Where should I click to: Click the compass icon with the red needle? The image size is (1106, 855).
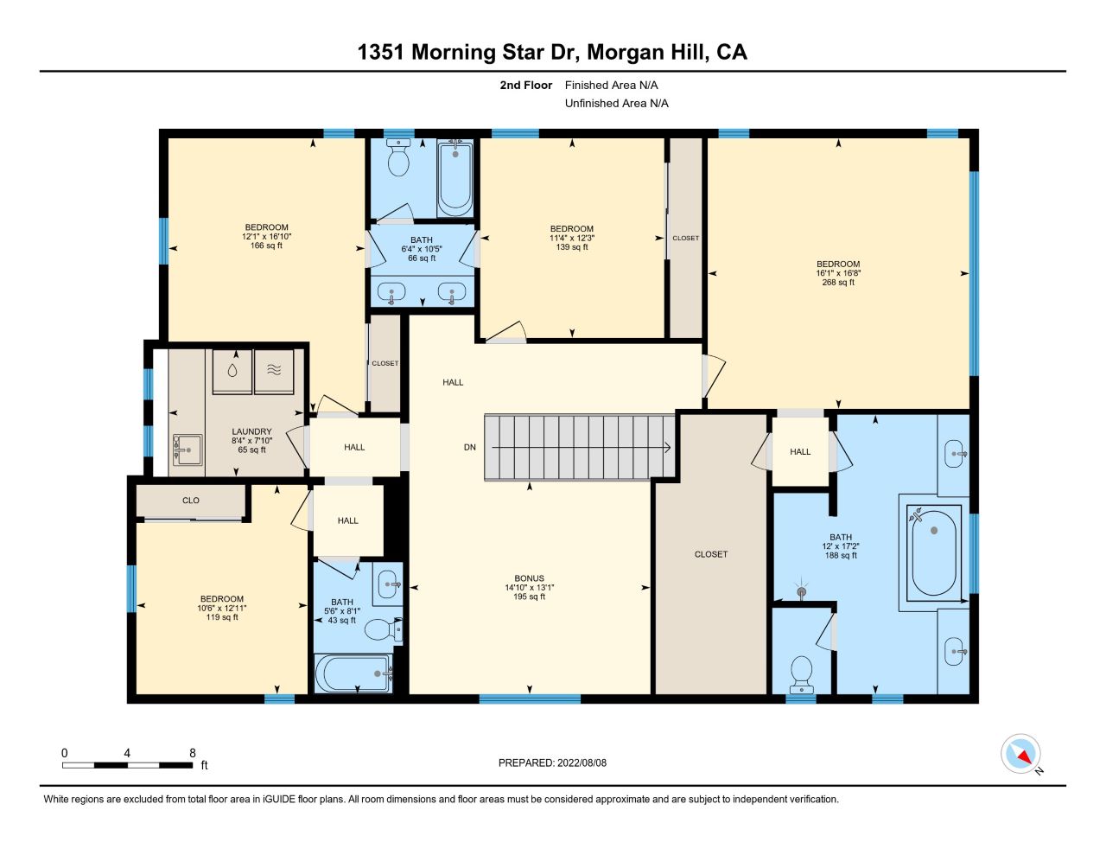click(1020, 753)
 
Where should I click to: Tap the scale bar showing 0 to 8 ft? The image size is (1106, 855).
click(128, 765)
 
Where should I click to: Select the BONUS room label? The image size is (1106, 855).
click(529, 578)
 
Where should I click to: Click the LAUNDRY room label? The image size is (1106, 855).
click(251, 431)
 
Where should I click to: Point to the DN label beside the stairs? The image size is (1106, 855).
click(469, 447)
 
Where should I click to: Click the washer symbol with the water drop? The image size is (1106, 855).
click(232, 371)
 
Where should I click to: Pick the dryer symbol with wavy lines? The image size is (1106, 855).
click(274, 371)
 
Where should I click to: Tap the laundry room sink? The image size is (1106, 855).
click(188, 450)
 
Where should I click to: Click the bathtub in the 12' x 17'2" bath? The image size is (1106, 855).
click(933, 552)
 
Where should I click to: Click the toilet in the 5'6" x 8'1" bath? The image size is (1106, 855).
click(384, 630)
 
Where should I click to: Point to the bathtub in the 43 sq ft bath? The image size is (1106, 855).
click(353, 673)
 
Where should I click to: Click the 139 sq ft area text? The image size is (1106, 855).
click(572, 247)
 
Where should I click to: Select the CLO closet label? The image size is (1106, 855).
click(191, 500)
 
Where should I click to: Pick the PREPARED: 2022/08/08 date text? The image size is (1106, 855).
click(552, 762)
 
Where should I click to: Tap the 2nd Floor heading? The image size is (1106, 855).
click(525, 85)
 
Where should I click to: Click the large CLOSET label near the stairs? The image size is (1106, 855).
click(711, 553)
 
